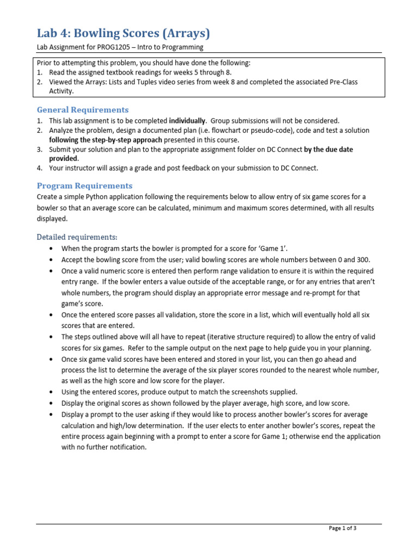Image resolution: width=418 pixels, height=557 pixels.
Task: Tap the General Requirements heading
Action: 83,110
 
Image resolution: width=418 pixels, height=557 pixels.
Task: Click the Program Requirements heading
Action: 84,185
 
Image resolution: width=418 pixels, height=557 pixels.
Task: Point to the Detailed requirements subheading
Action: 77,237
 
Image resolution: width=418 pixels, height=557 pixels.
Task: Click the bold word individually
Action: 187,121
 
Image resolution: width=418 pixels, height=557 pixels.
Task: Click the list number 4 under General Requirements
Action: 39,168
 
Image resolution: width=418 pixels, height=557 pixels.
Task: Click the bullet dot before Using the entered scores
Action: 51,392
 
